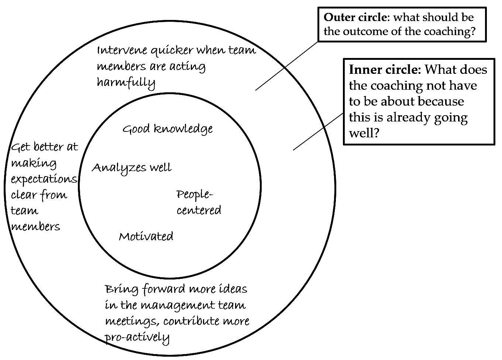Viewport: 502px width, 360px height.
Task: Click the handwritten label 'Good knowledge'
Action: point(168,129)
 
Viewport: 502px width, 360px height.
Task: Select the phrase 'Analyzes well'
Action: point(132,168)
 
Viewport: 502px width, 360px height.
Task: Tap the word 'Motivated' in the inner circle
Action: point(146,236)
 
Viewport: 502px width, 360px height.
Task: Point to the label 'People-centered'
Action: point(199,202)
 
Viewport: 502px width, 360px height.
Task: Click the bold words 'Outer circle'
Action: point(355,17)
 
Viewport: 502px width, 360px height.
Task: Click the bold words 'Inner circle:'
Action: point(385,69)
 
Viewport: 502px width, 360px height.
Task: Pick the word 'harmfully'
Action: point(126,83)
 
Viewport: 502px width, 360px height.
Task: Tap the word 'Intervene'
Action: point(122,50)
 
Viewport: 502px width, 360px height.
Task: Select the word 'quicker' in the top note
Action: point(172,51)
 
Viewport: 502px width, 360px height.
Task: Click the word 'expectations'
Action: point(44,179)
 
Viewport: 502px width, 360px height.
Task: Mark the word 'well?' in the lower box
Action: point(364,133)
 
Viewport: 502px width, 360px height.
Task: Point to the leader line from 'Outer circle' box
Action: point(287,66)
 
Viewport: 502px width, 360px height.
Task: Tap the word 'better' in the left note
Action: point(49,147)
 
